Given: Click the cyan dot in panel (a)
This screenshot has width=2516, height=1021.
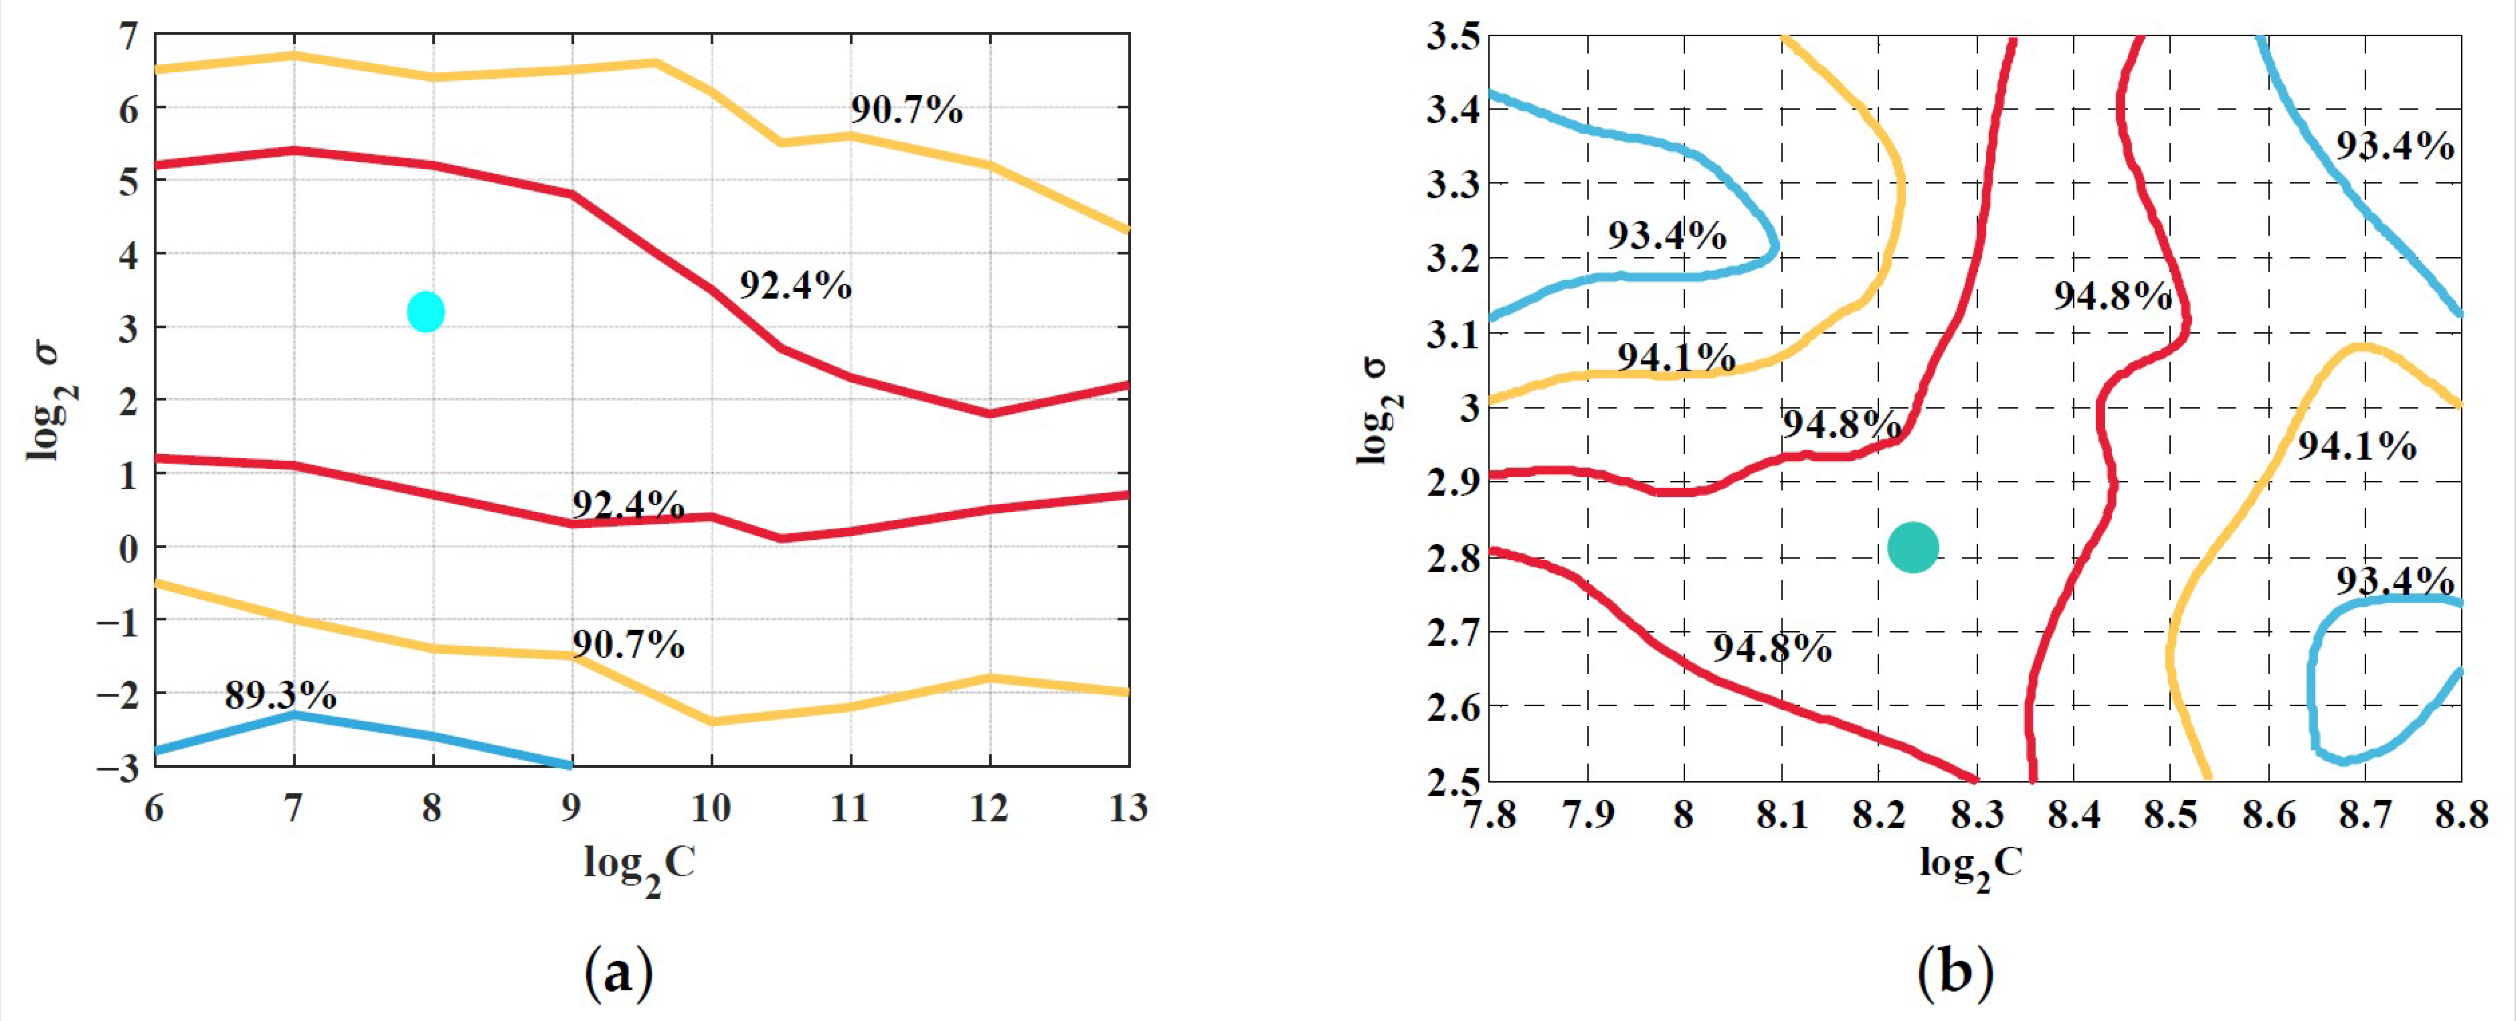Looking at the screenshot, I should [426, 312].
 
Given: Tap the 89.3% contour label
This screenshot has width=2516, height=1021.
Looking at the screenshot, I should [280, 696].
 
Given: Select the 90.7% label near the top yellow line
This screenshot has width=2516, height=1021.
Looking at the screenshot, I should [907, 110].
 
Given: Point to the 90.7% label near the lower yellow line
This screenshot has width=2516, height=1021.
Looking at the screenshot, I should [628, 645].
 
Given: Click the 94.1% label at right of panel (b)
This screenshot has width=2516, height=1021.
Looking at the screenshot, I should [2356, 446].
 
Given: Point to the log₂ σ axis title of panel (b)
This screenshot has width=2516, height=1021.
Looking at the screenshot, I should [1373, 410].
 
